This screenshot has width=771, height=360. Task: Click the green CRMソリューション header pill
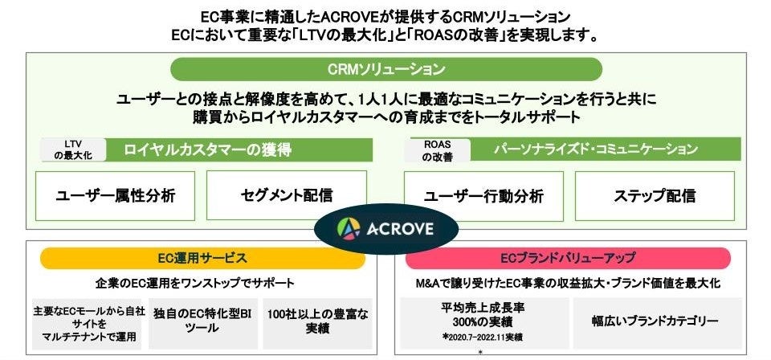click(385, 69)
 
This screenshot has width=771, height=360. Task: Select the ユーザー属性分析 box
click(115, 195)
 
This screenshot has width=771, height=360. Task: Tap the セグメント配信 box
click(287, 195)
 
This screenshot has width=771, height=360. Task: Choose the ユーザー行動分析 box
click(483, 195)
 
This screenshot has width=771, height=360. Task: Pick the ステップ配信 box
click(655, 195)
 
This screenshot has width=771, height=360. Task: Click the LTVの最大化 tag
click(73, 149)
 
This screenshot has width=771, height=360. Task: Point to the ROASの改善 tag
click(437, 150)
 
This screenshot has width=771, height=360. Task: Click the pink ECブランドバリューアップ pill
click(568, 258)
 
